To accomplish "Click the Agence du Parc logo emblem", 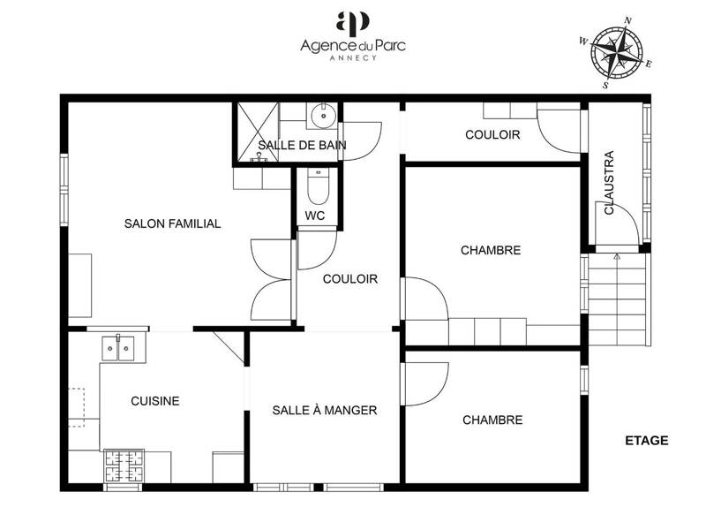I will point(352,23).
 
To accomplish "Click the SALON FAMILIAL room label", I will point(172,224).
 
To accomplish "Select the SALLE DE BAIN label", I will point(302,146).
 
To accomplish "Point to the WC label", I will point(315,216).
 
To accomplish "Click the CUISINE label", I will point(155,401).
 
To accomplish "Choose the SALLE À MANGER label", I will point(325,411).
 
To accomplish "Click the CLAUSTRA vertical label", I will point(609,183).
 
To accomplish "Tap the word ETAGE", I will point(646,441).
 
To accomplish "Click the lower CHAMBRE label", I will point(492,420).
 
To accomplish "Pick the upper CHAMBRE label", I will point(491,251).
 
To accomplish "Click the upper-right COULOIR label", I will point(492,135).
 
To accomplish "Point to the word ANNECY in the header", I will point(352,58).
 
